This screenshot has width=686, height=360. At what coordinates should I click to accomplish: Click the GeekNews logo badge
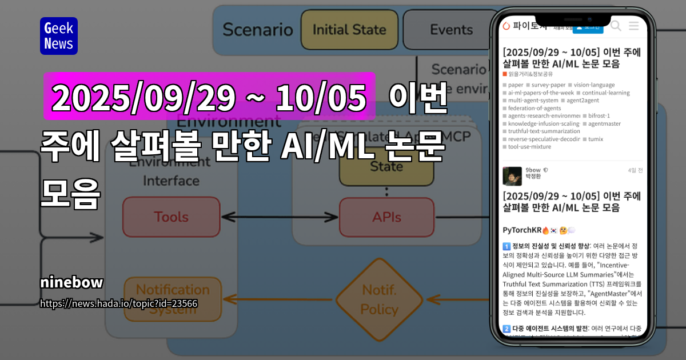tap(58, 36)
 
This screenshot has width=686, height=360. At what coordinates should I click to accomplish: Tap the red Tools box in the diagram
tap(171, 217)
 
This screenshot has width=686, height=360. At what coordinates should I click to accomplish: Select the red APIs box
tap(386, 217)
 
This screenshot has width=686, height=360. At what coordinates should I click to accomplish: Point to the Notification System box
tap(173, 298)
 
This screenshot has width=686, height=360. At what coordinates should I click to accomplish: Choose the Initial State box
tap(349, 30)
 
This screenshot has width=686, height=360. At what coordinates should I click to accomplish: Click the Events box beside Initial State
tap(450, 30)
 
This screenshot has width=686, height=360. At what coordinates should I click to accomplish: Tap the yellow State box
tap(386, 167)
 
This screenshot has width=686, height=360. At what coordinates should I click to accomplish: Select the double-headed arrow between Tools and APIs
tap(280, 217)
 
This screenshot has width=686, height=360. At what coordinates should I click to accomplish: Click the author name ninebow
tap(71, 282)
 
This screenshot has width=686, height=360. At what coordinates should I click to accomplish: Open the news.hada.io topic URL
tap(119, 303)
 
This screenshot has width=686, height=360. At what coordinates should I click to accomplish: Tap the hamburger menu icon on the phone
tap(633, 26)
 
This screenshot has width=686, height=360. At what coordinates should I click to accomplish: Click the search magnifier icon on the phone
tap(616, 26)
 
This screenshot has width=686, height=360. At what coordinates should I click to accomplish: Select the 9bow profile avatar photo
tap(512, 176)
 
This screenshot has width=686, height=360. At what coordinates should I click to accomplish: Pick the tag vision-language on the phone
tap(594, 85)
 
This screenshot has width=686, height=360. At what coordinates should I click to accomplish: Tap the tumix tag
tap(595, 139)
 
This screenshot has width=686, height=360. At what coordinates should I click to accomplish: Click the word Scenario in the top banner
tap(257, 30)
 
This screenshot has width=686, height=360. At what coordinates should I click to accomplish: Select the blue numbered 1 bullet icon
tap(506, 246)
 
